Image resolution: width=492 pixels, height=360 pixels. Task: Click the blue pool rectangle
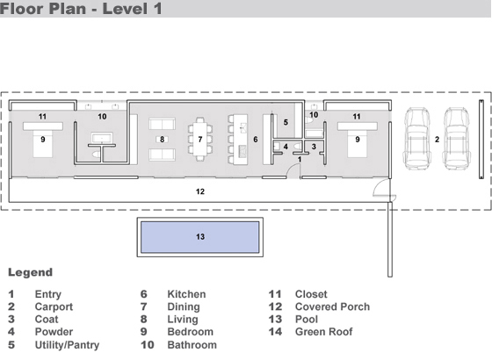coord(200,237)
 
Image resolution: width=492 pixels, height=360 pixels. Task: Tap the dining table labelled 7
coord(200,139)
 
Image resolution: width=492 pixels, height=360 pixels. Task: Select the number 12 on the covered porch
coord(200,191)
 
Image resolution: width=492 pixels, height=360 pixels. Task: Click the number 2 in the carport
coord(437,140)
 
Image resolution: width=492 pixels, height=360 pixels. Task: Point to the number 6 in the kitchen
coord(256,140)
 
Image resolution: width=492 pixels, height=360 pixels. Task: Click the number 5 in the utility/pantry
coord(286,122)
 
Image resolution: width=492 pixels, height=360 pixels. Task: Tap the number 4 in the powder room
coord(286,147)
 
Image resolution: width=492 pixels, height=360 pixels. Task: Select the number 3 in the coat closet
coord(314,147)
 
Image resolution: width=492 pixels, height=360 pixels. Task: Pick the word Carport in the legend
coord(54,306)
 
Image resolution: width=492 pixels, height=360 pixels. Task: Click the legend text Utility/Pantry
coord(67,345)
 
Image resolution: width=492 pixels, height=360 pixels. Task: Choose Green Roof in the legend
coord(324,332)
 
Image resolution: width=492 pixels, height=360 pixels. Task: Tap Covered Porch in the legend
coord(332,306)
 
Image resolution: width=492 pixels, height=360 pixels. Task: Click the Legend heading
coord(30,272)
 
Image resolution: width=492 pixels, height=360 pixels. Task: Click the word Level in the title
coord(125,9)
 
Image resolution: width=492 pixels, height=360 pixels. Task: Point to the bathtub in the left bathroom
coord(102,138)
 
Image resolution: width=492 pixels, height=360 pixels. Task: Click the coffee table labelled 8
coord(162,140)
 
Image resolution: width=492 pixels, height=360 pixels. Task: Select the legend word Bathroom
coord(192,345)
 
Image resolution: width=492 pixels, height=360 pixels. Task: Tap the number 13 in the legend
coord(275,320)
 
